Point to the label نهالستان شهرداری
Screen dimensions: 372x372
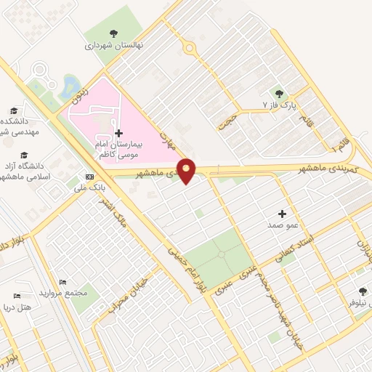(x=114, y=45)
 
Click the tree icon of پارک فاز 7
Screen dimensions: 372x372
(x=278, y=92)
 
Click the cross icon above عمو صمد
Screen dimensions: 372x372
(x=283, y=214)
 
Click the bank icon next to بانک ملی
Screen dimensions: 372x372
(x=89, y=176)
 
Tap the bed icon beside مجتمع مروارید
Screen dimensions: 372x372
(x=62, y=281)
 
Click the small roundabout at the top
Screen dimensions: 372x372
(x=190, y=49)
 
